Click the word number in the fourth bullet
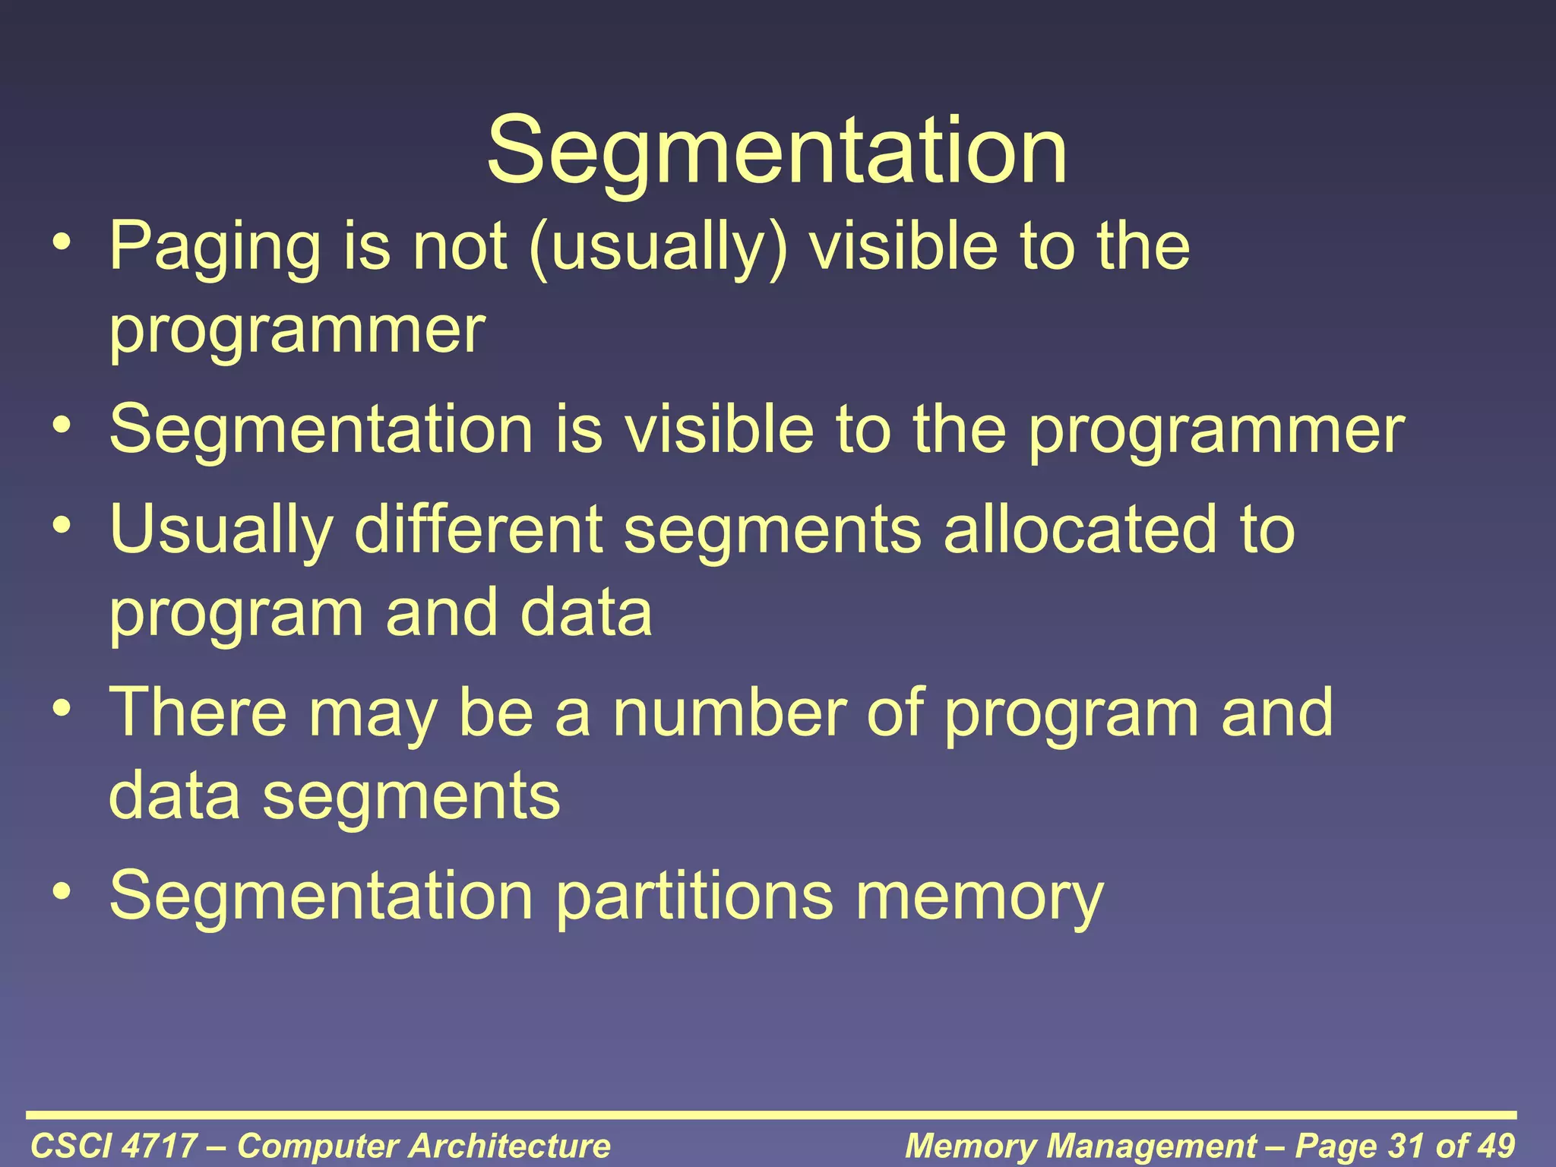pos(729,712)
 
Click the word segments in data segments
pos(411,795)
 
